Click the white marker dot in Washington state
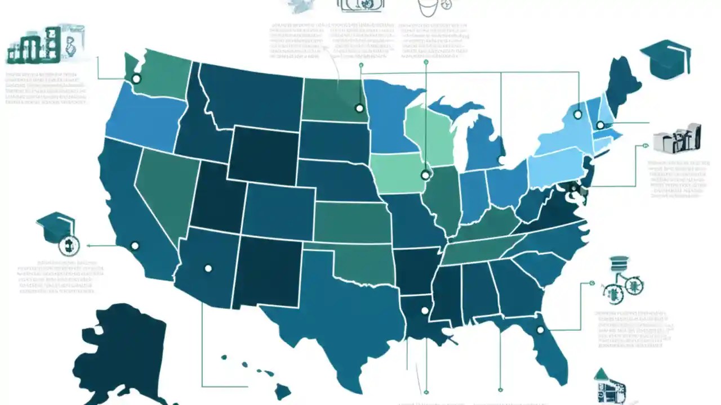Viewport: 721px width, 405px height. point(135,79)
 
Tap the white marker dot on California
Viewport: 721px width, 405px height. point(134,246)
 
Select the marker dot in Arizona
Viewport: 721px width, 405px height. point(208,268)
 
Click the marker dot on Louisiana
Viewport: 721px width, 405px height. point(425,310)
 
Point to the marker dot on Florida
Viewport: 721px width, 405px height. point(540,330)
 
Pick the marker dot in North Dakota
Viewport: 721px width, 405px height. point(359,108)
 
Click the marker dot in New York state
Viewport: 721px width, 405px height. point(577,114)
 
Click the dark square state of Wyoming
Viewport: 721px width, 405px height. point(262,155)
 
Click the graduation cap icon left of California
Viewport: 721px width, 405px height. point(56,225)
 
